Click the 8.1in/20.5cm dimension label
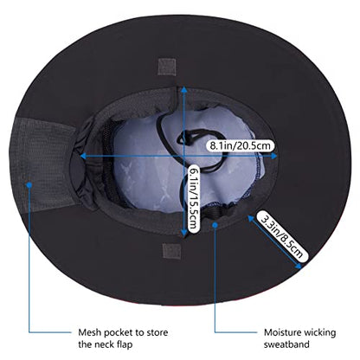point(240,145)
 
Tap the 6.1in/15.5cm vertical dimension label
point(194,198)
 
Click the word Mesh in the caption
point(90,332)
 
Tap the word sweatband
point(286,344)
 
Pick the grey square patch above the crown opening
point(167,67)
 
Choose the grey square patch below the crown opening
point(171,251)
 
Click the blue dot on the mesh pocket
point(29,184)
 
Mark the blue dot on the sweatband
point(215,224)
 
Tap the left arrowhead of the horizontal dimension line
point(83,156)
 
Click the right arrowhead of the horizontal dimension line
point(273,156)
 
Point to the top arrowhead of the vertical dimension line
point(183,90)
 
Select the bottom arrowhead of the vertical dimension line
point(183,233)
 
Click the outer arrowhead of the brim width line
point(299,266)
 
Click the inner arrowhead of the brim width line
point(251,219)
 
